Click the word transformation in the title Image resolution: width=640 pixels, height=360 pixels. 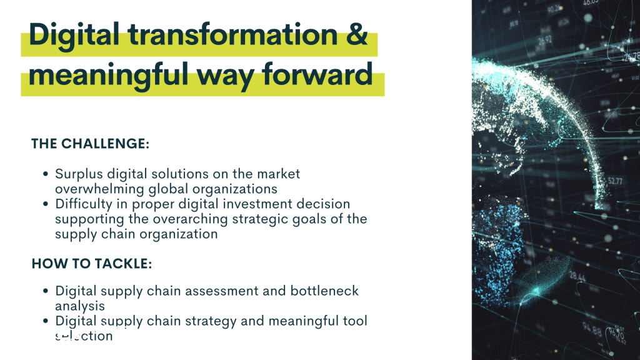232,34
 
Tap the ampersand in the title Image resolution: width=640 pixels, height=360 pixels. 358,34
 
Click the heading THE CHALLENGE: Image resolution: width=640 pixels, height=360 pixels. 90,144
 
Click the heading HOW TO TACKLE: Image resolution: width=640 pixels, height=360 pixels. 91,264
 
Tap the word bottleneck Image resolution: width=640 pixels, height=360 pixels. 324,291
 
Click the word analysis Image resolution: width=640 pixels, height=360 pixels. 79,306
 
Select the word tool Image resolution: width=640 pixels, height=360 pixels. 355,321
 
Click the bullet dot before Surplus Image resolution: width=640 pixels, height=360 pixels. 45,174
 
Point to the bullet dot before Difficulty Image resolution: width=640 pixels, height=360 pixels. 45,204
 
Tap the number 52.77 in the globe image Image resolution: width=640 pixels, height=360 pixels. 615,181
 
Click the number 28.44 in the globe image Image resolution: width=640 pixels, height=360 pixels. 577,277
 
